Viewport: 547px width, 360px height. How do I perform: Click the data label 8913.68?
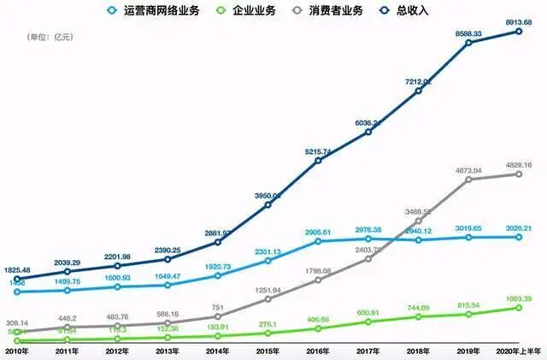tap(519, 21)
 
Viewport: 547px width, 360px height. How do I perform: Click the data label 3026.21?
tap(519, 228)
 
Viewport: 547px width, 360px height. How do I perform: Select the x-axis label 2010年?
tap(17, 350)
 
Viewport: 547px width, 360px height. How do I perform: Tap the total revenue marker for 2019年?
tap(468, 42)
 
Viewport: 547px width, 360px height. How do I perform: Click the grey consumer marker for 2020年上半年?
tap(519, 174)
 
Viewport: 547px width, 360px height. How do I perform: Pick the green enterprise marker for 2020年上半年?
tap(519, 307)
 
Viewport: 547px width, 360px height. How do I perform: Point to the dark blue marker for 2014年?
tap(217, 242)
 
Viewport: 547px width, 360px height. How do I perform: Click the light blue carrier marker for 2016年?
tap(318, 241)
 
